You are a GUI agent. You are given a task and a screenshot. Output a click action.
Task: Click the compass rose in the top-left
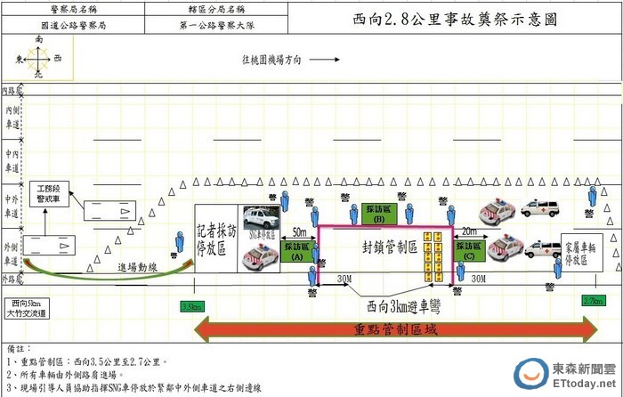point(38,58)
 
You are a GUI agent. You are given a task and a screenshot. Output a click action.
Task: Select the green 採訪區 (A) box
point(298,252)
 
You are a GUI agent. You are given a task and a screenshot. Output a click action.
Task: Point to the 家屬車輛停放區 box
point(585,252)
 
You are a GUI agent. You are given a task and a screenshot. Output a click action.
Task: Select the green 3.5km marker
point(191,305)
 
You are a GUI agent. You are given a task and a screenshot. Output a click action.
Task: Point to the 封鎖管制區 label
point(390,247)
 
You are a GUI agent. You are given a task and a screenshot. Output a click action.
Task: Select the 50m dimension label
point(301,231)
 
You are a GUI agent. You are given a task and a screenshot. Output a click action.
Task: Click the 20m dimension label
point(468,231)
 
